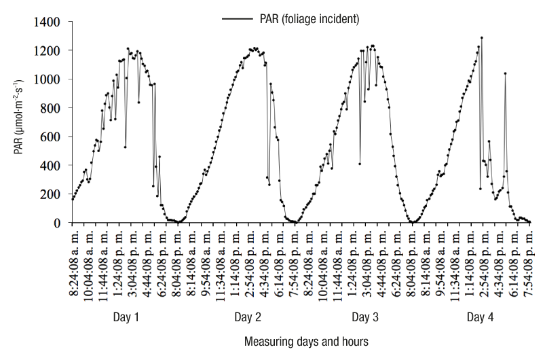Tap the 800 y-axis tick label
(x=51, y=108)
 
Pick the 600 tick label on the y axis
(x=51, y=137)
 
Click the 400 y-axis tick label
(x=51, y=166)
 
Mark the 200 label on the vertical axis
(x=51, y=194)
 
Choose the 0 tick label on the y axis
(x=58, y=223)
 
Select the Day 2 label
(x=246, y=317)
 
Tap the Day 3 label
(x=365, y=317)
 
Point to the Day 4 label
(x=481, y=317)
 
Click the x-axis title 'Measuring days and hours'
(x=306, y=341)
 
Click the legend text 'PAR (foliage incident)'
(x=309, y=19)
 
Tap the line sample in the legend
(x=238, y=19)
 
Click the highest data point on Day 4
(x=482, y=38)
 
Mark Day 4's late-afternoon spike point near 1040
(x=505, y=73)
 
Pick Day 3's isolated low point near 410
(x=359, y=164)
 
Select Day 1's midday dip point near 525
(x=126, y=147)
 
